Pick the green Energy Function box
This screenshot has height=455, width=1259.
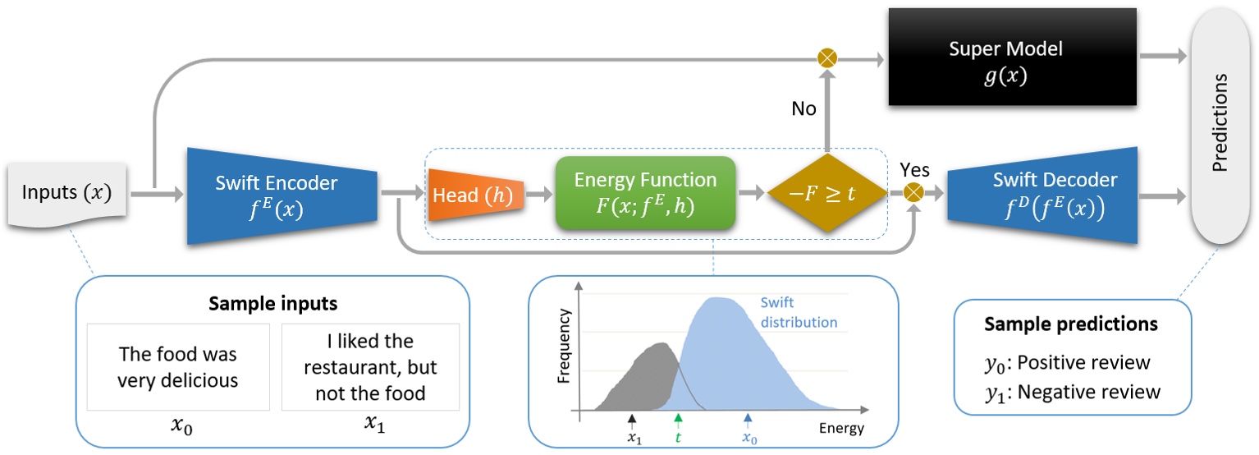tap(645, 194)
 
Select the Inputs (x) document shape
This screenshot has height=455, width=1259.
tap(66, 195)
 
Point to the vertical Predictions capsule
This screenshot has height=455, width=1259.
tap(1221, 123)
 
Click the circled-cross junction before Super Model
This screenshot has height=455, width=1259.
tap(826, 58)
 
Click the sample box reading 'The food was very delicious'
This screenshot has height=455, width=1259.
tap(178, 366)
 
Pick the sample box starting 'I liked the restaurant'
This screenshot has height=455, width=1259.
tap(370, 366)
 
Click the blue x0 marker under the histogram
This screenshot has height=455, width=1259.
tap(748, 429)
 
